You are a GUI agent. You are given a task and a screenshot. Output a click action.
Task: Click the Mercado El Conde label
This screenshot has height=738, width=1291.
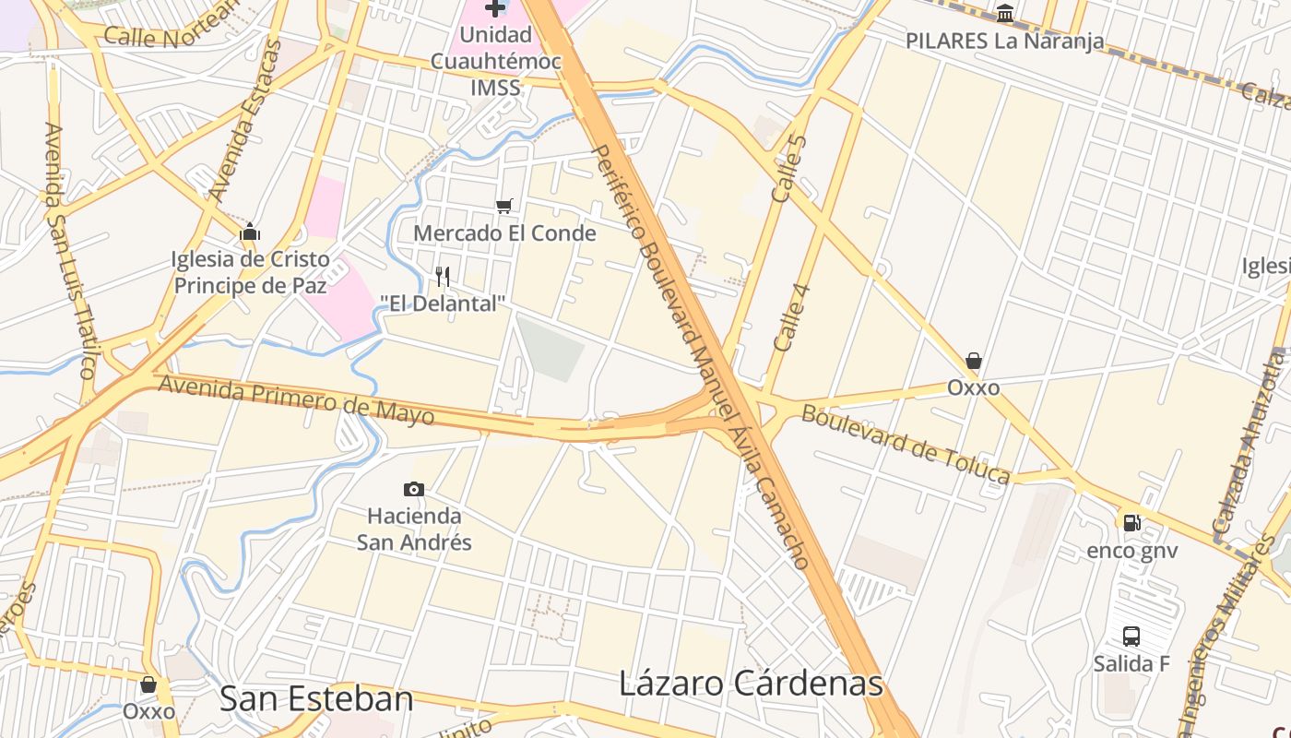point(504,233)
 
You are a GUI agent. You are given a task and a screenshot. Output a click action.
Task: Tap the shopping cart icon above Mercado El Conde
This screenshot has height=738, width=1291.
point(503,206)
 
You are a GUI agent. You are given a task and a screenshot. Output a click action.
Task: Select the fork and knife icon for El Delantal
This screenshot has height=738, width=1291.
point(443,276)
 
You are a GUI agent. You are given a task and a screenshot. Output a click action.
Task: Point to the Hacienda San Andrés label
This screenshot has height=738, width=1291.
point(414,529)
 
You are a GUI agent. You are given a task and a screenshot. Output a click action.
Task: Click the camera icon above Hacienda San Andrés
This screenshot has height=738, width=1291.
point(414,489)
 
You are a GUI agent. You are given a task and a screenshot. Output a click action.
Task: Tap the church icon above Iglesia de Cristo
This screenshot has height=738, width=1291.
point(250,232)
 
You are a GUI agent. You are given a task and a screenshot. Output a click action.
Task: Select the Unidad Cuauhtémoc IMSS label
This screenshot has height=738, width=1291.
point(496,61)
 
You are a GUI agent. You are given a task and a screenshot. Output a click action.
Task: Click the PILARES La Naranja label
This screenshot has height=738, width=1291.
point(1004,41)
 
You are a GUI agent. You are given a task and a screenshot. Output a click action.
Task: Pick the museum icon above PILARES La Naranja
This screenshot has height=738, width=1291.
point(1005,13)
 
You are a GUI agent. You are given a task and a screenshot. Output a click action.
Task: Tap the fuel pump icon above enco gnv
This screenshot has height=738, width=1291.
point(1131,523)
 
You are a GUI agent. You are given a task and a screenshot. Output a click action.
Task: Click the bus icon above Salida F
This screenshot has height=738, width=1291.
point(1131,636)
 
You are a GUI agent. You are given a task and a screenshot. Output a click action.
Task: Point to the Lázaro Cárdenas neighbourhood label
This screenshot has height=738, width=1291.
point(751,684)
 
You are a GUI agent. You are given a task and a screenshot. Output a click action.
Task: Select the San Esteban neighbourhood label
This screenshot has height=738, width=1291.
point(316,698)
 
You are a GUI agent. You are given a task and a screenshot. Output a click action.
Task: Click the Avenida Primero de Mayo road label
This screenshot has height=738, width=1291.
point(296,399)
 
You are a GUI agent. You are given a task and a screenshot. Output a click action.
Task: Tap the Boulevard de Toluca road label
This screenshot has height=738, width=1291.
point(906,444)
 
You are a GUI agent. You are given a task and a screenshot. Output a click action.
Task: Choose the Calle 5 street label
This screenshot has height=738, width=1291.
point(788,169)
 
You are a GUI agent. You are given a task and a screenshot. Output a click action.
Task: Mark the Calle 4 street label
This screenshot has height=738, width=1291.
point(791,317)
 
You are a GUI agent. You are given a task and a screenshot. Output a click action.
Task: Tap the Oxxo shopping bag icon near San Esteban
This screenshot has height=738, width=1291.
point(148,684)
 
